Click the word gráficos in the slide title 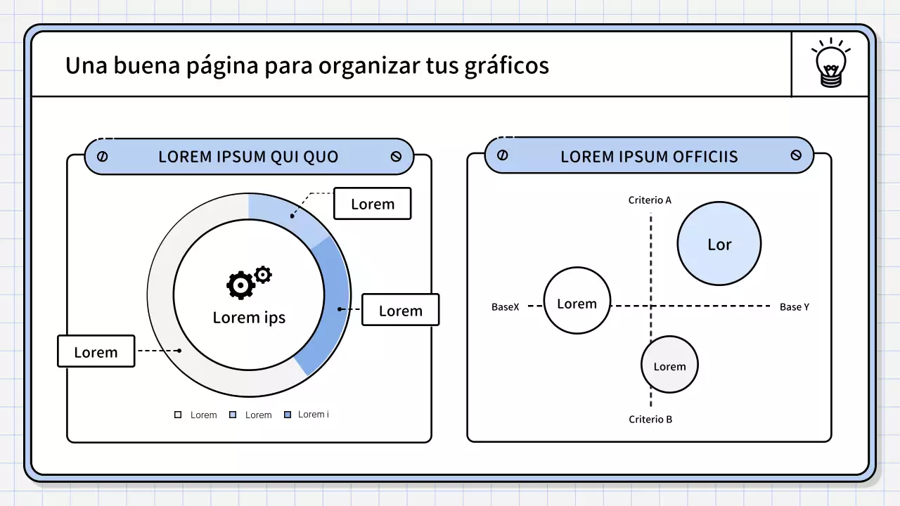click(506, 65)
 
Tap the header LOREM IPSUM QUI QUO click(248, 157)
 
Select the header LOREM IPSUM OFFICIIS click(649, 157)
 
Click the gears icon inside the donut click(247, 283)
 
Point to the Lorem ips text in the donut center click(249, 317)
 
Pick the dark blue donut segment click(330, 309)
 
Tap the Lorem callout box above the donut click(372, 204)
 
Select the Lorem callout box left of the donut click(96, 351)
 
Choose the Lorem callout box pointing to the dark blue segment click(400, 310)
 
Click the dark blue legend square click(287, 415)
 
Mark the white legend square click(178, 415)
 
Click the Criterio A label click(650, 200)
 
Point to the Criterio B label click(650, 420)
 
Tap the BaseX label click(505, 307)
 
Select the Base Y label click(795, 307)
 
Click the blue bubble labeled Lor click(719, 244)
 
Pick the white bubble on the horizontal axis click(577, 301)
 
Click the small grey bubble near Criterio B click(669, 365)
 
